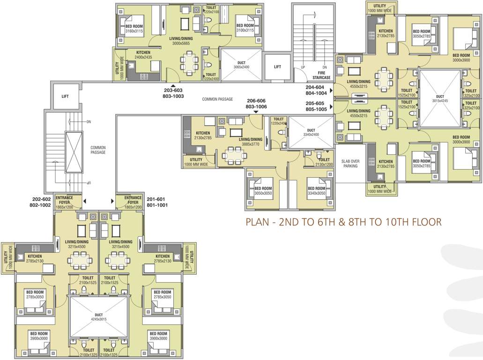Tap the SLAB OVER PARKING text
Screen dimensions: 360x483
click(x=350, y=163)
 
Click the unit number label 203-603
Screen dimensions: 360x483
click(x=173, y=90)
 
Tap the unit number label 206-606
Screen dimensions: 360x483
click(x=256, y=101)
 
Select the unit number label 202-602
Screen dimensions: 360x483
click(x=41, y=198)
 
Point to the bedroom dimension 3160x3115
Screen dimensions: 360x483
click(x=134, y=31)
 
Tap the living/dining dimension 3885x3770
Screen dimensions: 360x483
click(x=250, y=144)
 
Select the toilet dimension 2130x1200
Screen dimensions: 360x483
click(x=324, y=165)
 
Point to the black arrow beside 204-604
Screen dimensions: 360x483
click(x=331, y=90)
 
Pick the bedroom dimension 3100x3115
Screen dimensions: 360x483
click(x=245, y=31)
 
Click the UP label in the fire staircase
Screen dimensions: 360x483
click(x=303, y=67)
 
